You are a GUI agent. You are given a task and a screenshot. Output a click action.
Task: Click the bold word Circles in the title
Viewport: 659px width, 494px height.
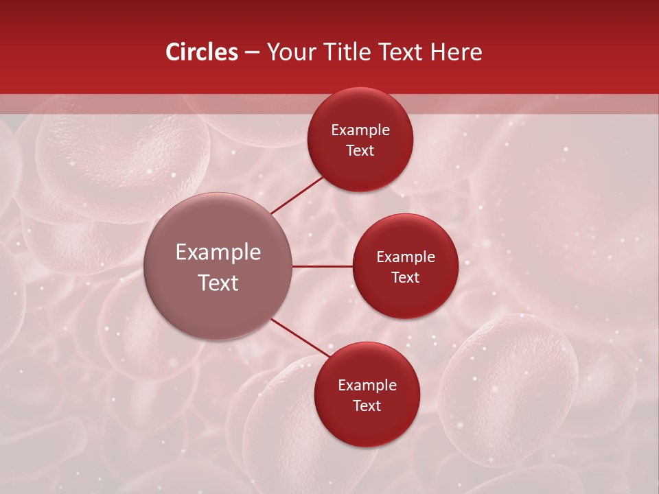(x=201, y=52)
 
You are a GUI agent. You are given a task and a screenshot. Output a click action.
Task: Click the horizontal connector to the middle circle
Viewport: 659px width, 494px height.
(x=322, y=266)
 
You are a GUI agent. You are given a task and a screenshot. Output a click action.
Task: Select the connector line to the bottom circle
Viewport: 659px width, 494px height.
(x=300, y=338)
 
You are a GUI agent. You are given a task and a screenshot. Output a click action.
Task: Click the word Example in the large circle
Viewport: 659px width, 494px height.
(x=218, y=252)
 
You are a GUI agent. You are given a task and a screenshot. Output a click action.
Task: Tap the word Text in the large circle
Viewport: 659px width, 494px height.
(x=218, y=283)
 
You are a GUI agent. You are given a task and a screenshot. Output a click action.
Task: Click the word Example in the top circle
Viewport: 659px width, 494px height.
(x=360, y=130)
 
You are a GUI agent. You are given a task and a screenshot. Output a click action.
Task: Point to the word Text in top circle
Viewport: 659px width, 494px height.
(x=360, y=151)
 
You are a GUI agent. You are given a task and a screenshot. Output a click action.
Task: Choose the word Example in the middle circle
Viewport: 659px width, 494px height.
(x=405, y=257)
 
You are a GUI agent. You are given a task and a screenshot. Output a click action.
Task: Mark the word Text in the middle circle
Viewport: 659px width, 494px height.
(x=405, y=278)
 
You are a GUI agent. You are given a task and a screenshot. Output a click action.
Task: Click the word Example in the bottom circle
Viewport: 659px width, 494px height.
(x=367, y=386)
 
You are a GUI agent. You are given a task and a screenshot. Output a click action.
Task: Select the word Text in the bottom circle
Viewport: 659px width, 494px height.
(x=367, y=406)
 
